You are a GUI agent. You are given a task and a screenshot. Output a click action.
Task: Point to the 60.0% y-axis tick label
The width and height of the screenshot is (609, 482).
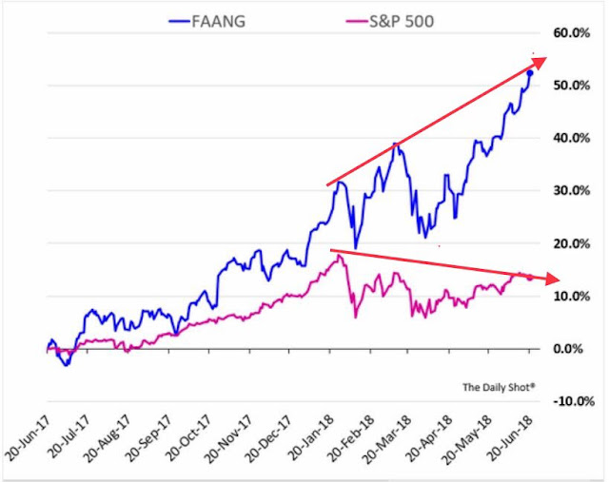578,33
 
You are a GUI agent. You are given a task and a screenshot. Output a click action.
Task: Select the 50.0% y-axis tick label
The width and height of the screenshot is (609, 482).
578,86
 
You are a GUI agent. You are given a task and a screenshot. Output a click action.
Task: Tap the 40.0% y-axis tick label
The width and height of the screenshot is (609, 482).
578,139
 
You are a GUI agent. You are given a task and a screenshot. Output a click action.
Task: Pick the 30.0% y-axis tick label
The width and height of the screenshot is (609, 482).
578,191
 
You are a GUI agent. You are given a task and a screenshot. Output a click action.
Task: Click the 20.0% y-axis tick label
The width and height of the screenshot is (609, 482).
578,243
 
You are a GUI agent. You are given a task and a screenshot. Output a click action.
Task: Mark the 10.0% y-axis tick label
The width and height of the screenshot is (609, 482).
578,296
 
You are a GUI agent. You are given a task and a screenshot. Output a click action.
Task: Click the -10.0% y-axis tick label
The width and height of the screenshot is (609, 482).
576,401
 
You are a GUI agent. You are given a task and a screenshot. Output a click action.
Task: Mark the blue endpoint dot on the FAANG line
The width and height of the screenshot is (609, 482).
530,73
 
